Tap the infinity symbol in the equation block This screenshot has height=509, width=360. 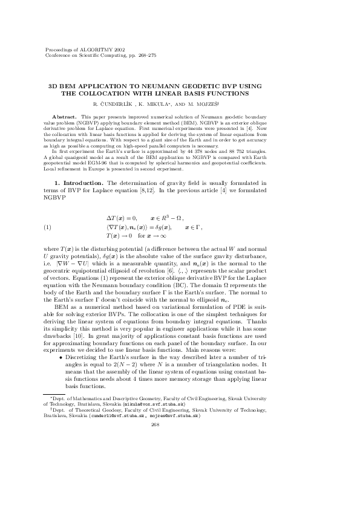coord(172,236)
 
